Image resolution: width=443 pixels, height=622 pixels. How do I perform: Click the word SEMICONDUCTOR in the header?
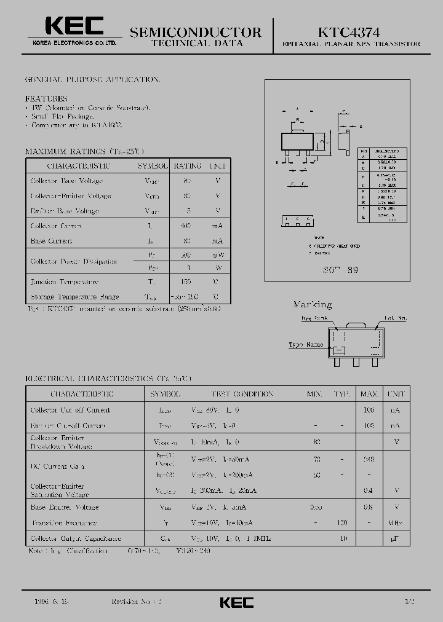click(196, 32)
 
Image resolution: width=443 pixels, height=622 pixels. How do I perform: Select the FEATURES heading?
click(46, 98)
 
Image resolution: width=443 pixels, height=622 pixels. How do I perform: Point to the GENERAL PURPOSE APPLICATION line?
click(93, 80)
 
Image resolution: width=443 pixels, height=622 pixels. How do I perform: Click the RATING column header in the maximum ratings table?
click(188, 166)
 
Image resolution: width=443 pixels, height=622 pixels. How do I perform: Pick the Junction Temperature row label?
click(65, 282)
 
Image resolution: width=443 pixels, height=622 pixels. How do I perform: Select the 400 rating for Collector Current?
click(188, 226)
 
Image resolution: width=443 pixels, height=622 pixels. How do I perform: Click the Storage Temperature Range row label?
click(74, 297)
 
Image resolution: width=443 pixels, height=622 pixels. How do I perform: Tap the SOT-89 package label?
click(340, 270)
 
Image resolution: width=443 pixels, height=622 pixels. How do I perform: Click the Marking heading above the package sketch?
click(312, 304)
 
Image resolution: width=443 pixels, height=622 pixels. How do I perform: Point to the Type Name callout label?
click(306, 345)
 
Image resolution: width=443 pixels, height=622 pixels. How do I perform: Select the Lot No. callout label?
click(396, 318)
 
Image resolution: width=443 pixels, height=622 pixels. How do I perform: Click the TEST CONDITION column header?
click(242, 394)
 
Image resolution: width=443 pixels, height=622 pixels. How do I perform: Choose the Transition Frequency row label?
click(65, 523)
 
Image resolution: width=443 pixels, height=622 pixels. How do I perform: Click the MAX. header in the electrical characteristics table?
click(369, 394)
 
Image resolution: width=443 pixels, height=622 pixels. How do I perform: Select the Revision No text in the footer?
click(137, 602)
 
